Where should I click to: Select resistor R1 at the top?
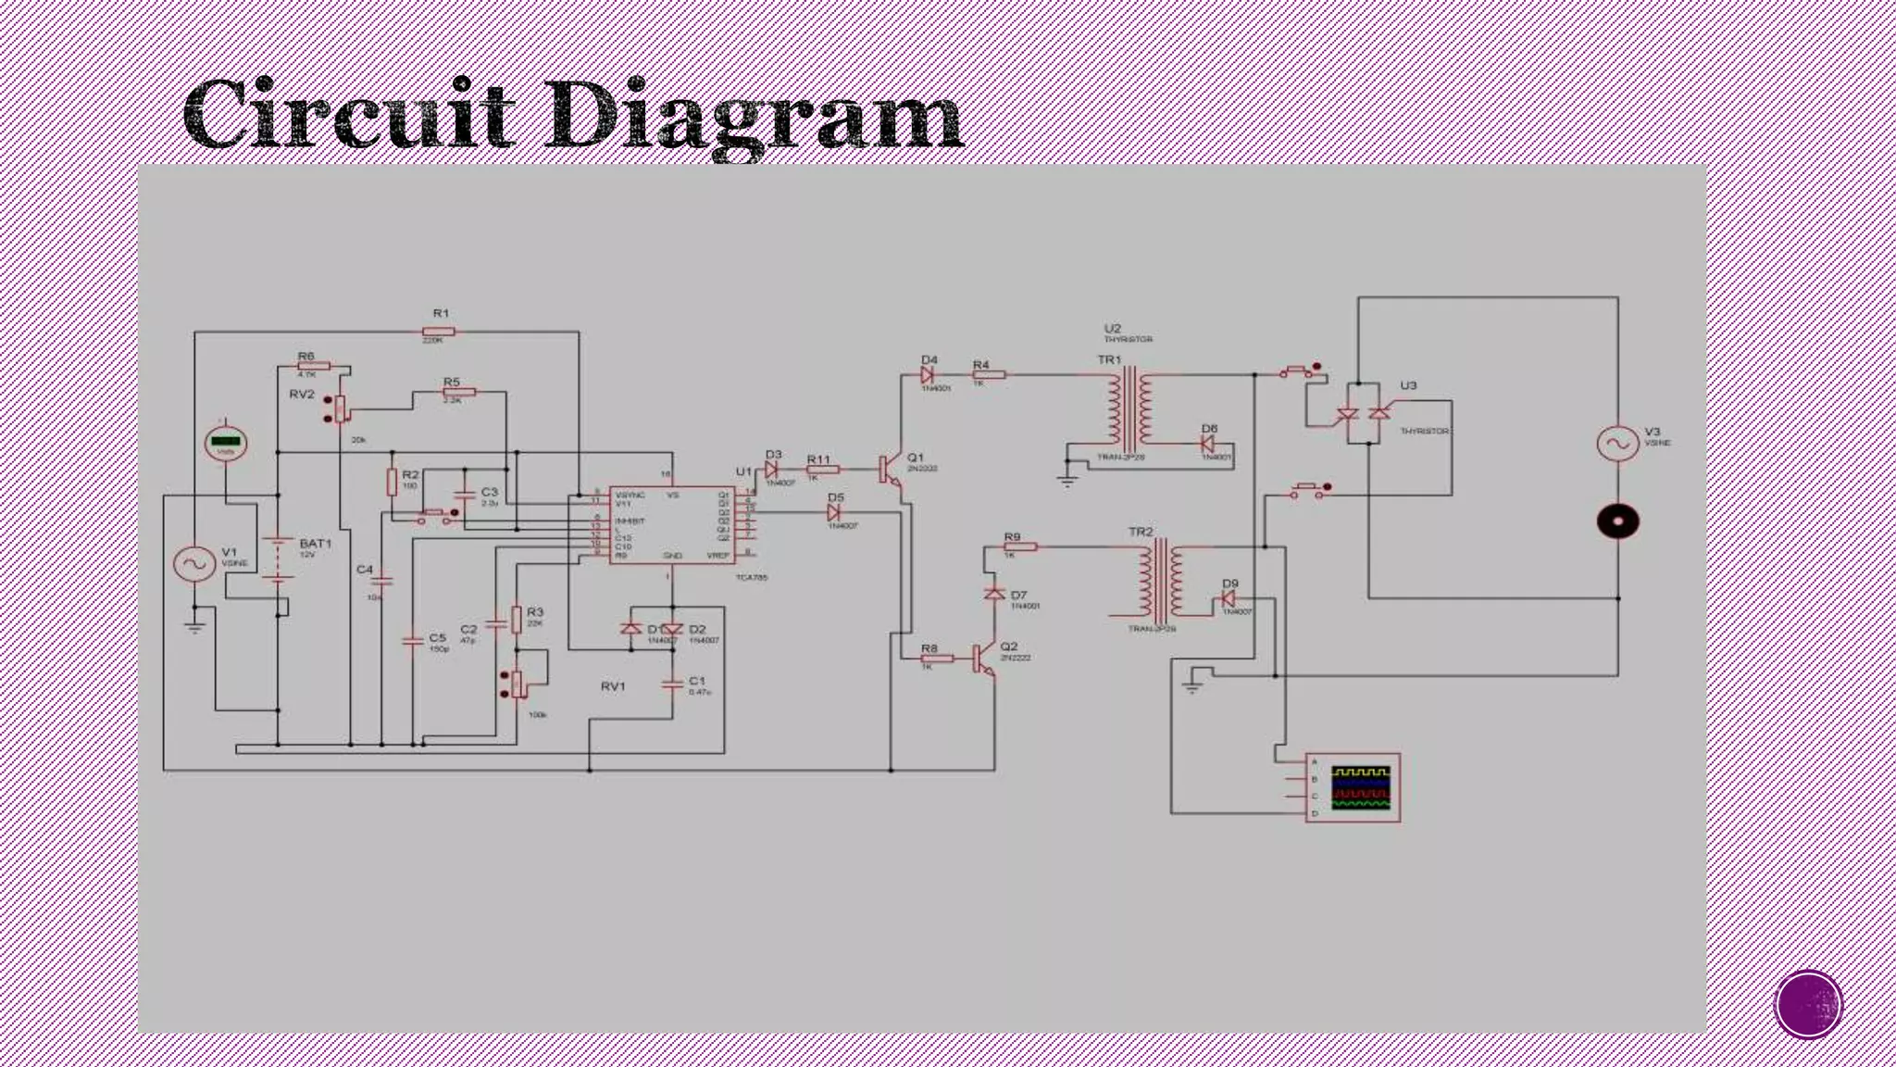pyautogui.click(x=439, y=332)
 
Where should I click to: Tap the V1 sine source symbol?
pyautogui.click(x=195, y=563)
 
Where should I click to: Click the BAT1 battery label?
pyautogui.click(x=315, y=544)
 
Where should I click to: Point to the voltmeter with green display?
pyautogui.click(x=225, y=443)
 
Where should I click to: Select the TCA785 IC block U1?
pyautogui.click(x=672, y=525)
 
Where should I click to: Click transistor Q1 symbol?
pyautogui.click(x=890, y=469)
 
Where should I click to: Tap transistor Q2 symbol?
pyautogui.click(x=983, y=658)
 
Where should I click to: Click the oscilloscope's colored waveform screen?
pyautogui.click(x=1361, y=787)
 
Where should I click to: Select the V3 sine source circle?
pyautogui.click(x=1617, y=443)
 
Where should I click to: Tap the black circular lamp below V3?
pyautogui.click(x=1617, y=521)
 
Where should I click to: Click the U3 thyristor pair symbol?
pyautogui.click(x=1364, y=414)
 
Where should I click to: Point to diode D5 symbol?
pyautogui.click(x=832, y=512)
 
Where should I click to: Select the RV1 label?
pyautogui.click(x=613, y=686)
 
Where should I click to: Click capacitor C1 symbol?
pyautogui.click(x=672, y=684)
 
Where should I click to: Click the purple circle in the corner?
pyautogui.click(x=1808, y=1005)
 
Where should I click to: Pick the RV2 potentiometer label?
pyautogui.click(x=302, y=395)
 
